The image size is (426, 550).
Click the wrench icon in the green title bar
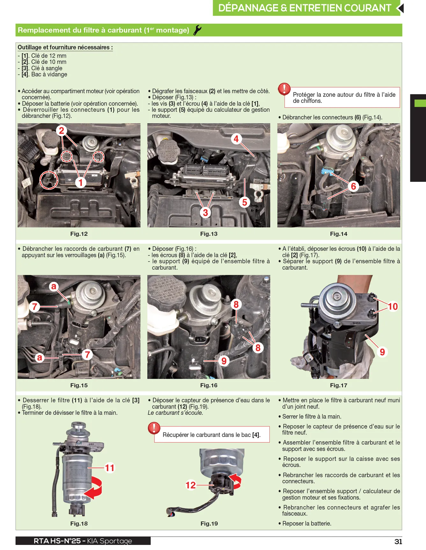197,30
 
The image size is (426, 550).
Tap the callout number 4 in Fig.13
236,139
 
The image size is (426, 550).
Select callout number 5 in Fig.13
245,202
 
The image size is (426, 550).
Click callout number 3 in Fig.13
206,212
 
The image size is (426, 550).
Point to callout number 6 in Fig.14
353,186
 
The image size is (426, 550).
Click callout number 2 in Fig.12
62,130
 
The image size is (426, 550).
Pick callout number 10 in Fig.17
393,306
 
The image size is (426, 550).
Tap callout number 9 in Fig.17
382,352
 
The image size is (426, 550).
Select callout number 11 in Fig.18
110,468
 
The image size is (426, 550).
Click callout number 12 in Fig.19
191,485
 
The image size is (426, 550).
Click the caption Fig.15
79,385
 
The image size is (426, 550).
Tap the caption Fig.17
339,385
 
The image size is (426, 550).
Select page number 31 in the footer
398,541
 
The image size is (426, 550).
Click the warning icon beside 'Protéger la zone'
284,89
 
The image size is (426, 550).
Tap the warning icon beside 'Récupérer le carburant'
154,428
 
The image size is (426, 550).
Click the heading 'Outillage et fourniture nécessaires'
65,47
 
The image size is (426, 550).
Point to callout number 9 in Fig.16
224,361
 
